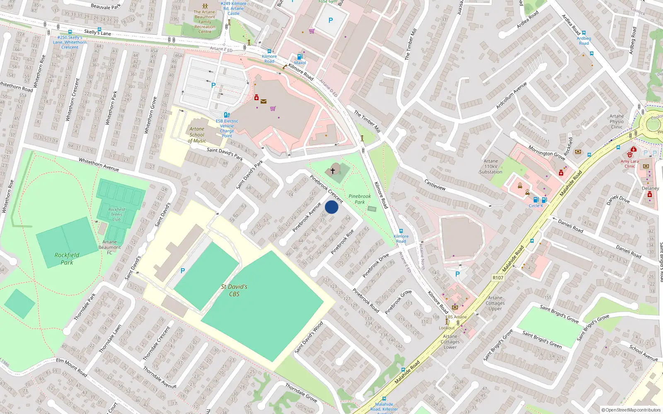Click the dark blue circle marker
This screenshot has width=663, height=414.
tap(331, 207)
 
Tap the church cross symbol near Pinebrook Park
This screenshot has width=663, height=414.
tap(332, 171)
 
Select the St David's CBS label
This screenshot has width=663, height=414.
tap(234, 290)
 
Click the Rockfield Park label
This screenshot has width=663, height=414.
tap(67, 259)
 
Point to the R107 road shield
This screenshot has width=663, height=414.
tap(498, 278)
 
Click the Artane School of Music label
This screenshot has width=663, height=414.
tap(197, 135)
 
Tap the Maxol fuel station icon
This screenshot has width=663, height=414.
tap(300, 57)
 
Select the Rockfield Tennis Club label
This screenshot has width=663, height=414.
tap(116, 214)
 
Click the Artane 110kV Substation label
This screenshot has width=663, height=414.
tap(491, 166)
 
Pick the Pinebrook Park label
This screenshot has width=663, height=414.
tap(360, 199)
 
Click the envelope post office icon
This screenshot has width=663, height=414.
tap(264, 101)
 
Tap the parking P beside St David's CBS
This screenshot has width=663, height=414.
tap(182, 271)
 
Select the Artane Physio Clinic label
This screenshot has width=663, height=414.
tap(617, 122)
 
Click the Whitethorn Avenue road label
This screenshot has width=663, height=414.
tap(99, 165)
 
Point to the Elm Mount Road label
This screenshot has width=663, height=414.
tap(71, 367)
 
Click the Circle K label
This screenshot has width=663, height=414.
tap(535, 206)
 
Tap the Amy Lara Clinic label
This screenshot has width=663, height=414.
tap(629, 164)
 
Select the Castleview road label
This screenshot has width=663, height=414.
tap(435, 185)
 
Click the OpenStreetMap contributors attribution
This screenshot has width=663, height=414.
tap(631, 410)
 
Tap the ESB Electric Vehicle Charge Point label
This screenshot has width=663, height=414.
tap(227, 128)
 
